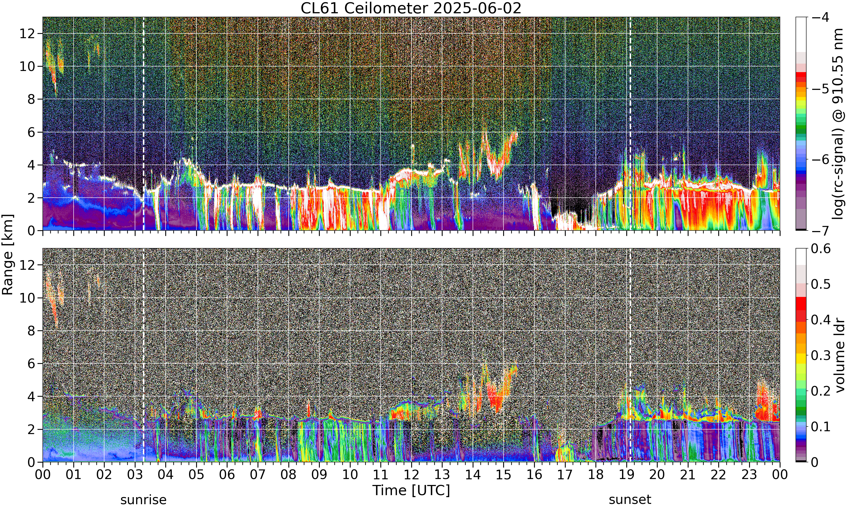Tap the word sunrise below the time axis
click(x=143, y=500)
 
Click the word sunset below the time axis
click(x=630, y=500)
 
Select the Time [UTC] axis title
click(x=411, y=490)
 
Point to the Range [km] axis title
click(x=8, y=255)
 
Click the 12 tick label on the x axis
click(x=411, y=475)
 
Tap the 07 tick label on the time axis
click(x=258, y=475)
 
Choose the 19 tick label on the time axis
click(x=626, y=475)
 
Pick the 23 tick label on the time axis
click(x=749, y=475)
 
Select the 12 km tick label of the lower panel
click(x=27, y=265)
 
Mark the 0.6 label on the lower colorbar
click(x=821, y=248)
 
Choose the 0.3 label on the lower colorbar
click(x=821, y=355)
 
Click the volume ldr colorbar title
click(x=839, y=355)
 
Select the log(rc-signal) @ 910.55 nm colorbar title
click(x=838, y=124)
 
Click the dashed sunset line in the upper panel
click(x=631, y=124)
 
